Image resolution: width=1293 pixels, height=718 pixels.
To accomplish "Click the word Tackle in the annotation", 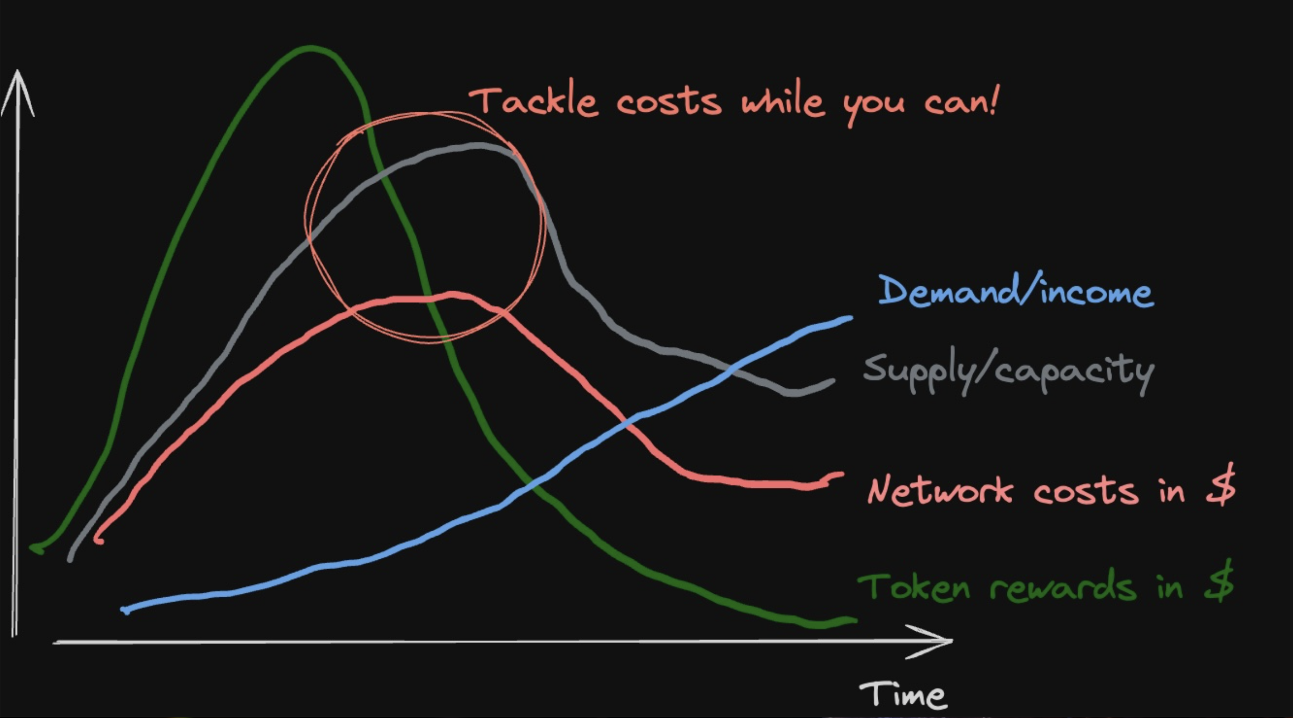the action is tap(534, 102).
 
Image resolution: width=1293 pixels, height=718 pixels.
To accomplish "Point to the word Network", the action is tap(940, 490).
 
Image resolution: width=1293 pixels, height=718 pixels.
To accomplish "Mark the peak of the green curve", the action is tap(310, 48).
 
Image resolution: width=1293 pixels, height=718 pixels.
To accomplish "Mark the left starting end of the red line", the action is tap(98, 541).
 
